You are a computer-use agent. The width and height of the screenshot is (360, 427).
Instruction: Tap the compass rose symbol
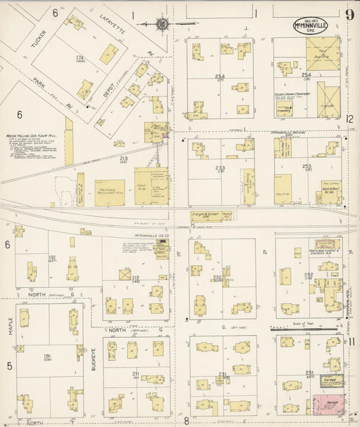tap(163, 24)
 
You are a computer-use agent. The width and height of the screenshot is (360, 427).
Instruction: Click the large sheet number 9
tap(349, 16)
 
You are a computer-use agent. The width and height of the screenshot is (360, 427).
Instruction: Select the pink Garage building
tap(328, 403)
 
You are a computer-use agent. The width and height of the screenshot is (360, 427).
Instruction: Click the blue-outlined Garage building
tap(331, 382)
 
